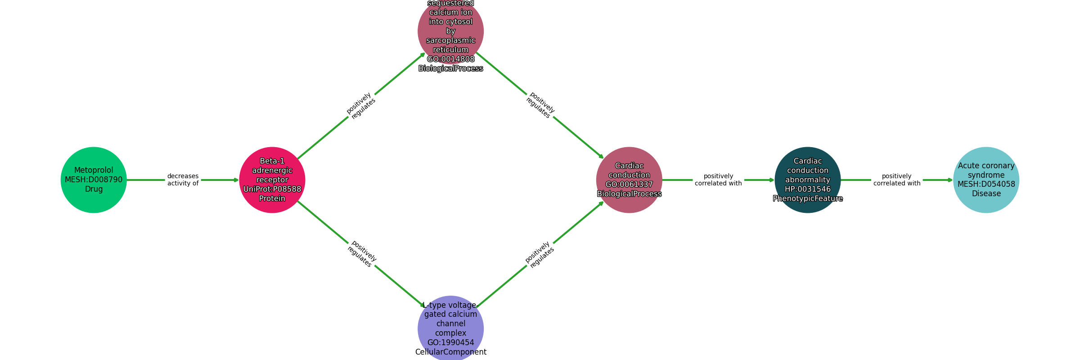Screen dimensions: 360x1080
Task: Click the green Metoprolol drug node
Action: click(94, 180)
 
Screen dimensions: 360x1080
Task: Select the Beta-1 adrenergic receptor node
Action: click(272, 180)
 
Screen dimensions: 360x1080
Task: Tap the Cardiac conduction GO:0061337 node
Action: click(629, 180)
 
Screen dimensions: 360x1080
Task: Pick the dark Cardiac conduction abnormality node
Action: click(808, 180)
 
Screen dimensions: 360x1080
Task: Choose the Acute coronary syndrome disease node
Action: click(986, 180)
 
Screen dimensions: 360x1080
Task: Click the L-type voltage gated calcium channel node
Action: click(450, 328)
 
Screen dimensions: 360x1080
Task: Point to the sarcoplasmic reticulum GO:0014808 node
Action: click(450, 31)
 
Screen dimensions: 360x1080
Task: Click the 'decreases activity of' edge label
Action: click(183, 180)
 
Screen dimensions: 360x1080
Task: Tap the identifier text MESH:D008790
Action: click(94, 180)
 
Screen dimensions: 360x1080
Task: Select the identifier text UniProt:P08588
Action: click(272, 189)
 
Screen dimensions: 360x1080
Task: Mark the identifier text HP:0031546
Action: click(808, 189)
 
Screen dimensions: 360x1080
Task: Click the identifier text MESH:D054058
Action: click(986, 184)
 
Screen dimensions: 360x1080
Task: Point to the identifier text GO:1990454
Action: click(450, 342)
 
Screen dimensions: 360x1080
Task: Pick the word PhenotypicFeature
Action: click(808, 198)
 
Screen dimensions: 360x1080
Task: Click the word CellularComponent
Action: click(450, 352)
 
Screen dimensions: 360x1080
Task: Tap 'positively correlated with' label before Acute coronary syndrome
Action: click(897, 180)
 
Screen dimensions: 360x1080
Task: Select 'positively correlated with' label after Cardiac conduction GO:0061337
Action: click(718, 180)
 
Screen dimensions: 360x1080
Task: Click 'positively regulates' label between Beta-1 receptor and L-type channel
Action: click(361, 254)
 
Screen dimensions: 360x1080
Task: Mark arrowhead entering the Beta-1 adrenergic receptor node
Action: click(236, 180)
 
